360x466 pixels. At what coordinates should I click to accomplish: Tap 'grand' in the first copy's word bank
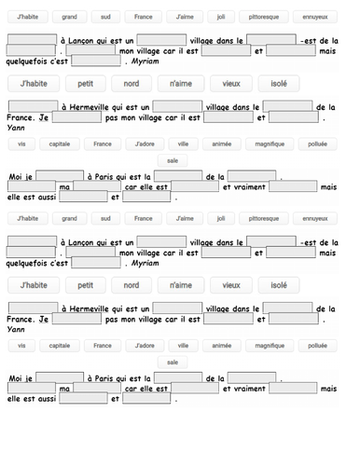point(69,17)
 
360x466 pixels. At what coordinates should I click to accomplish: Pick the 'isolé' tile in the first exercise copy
point(278,83)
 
